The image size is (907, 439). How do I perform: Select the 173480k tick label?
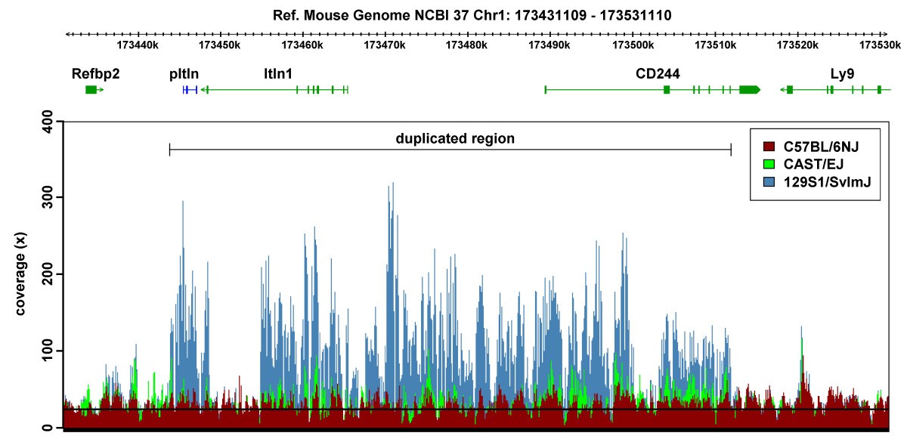(x=466, y=45)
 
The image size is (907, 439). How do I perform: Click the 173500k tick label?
(x=631, y=45)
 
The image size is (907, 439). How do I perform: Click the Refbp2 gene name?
(x=95, y=74)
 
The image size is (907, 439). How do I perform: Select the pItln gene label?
(x=184, y=74)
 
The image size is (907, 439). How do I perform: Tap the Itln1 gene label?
(x=278, y=74)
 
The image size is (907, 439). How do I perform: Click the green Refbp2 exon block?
(x=91, y=90)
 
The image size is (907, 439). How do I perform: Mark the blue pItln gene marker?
(x=190, y=90)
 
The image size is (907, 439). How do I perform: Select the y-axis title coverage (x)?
(x=21, y=274)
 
